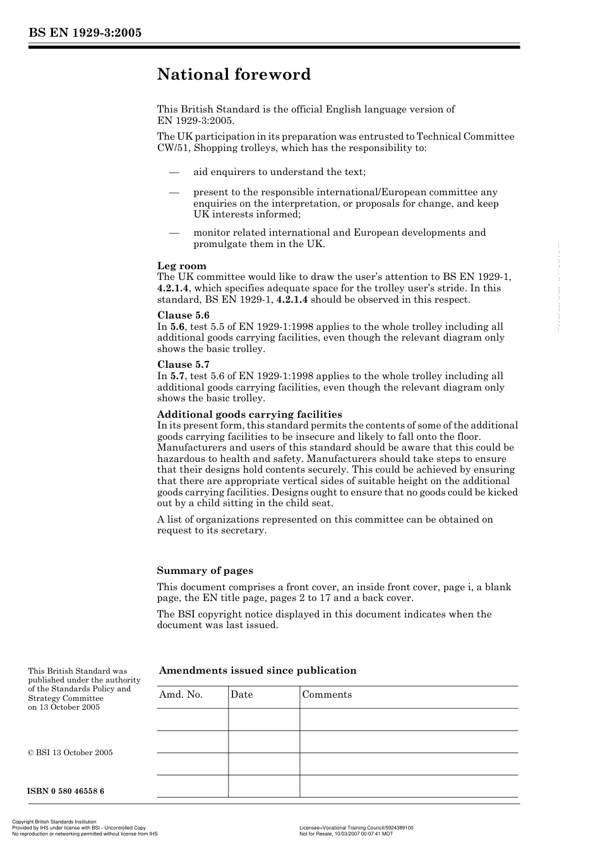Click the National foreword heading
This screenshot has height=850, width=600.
coord(234,75)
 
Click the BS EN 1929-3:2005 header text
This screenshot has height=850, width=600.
coord(85,33)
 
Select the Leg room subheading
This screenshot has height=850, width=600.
coord(182,266)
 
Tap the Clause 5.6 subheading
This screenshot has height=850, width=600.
coord(183,315)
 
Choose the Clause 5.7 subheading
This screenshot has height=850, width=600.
coord(183,365)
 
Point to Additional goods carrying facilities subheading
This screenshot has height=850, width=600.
coord(249,415)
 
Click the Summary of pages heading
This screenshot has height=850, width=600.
coord(205,571)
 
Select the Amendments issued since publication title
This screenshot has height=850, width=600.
coord(258,671)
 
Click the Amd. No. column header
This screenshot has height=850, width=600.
coord(181,695)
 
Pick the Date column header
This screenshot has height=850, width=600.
coord(241,695)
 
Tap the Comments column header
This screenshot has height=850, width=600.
coord(327,695)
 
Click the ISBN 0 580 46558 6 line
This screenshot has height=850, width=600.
coord(66,791)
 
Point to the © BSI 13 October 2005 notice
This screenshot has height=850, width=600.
coord(70,753)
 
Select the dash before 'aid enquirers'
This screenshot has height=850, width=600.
coord(174,172)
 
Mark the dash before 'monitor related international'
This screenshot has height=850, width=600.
coord(174,233)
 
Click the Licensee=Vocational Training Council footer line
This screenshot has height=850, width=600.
coord(356,828)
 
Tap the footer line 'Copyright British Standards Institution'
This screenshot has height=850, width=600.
coord(54,822)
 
